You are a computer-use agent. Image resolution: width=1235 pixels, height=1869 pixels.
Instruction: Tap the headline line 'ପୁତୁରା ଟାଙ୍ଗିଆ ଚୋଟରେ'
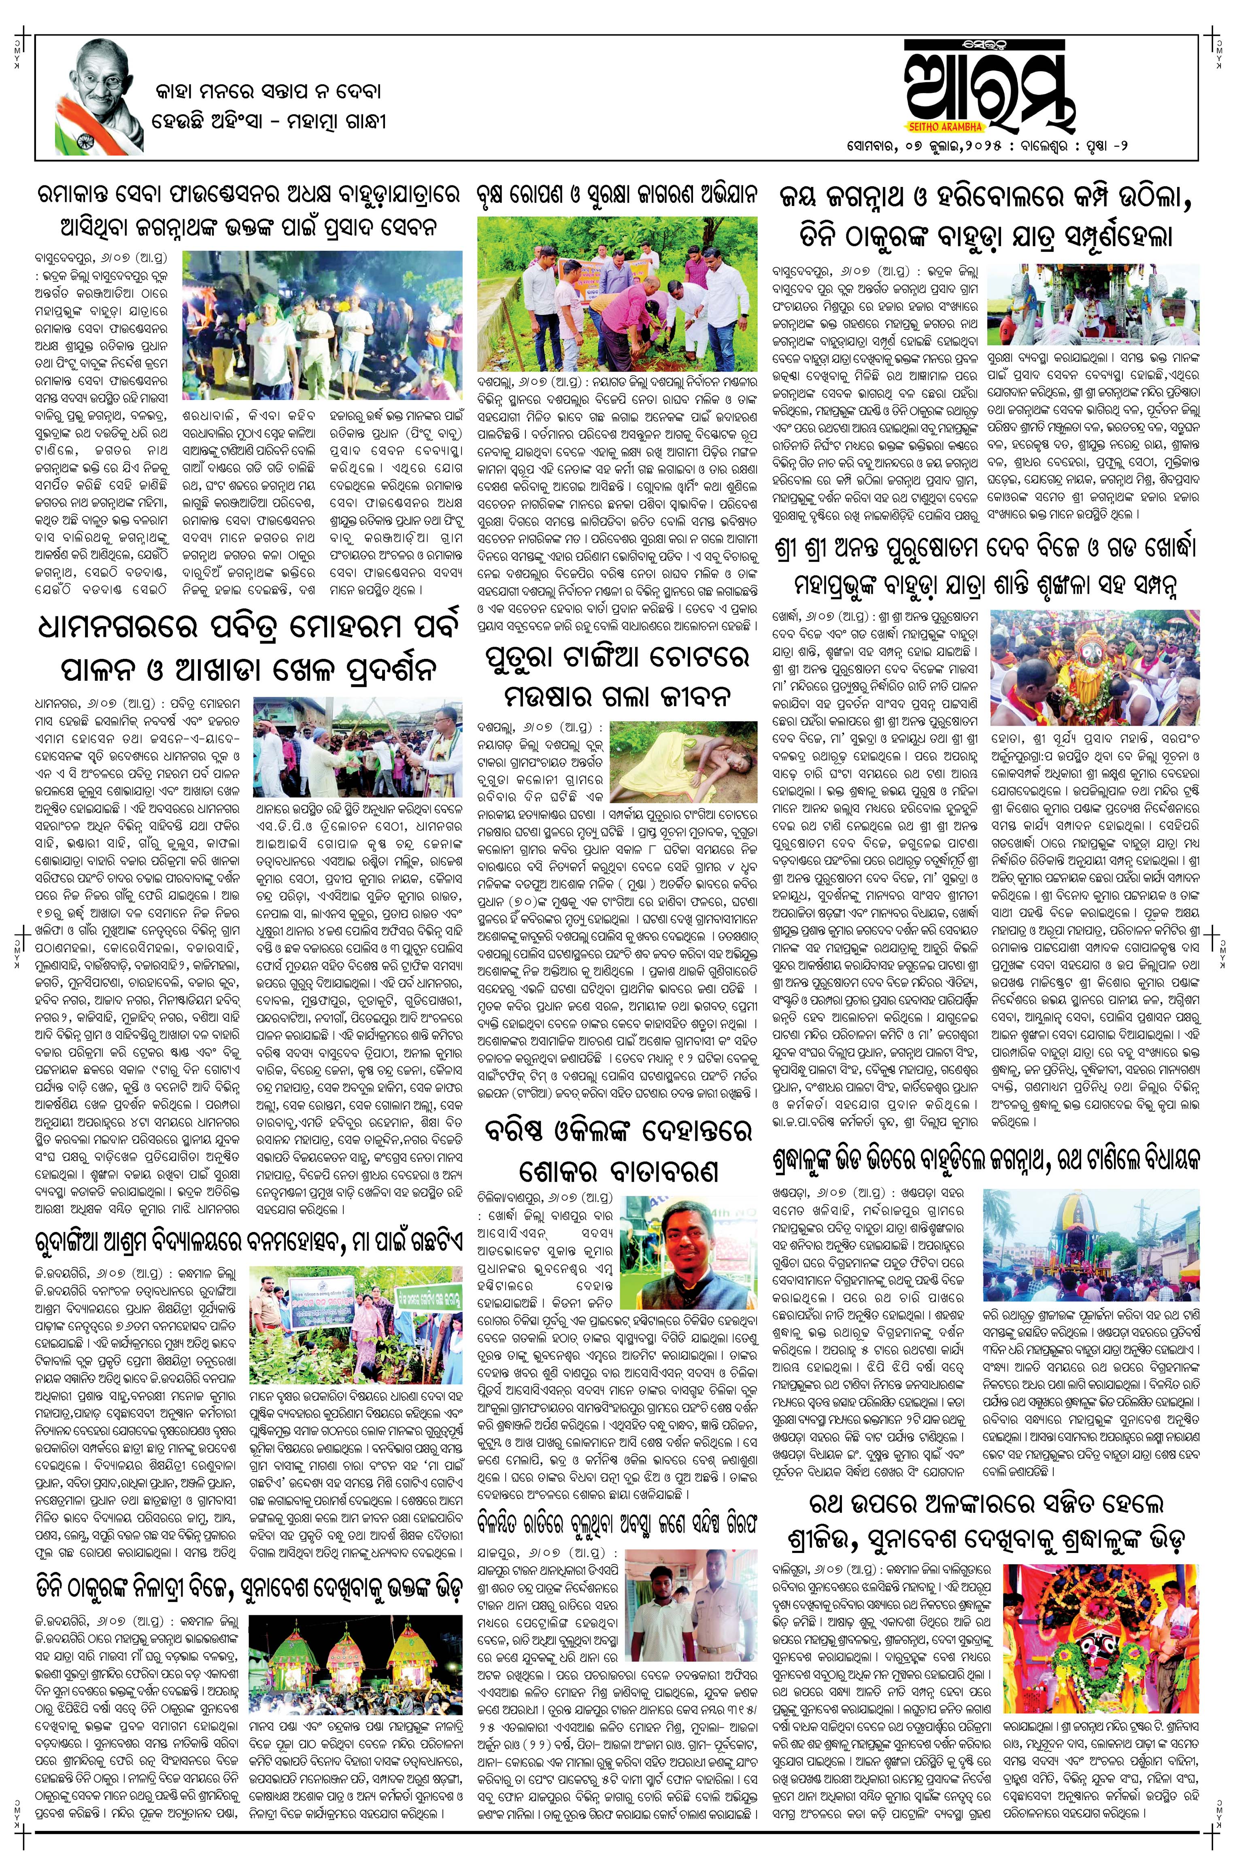click(618, 656)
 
